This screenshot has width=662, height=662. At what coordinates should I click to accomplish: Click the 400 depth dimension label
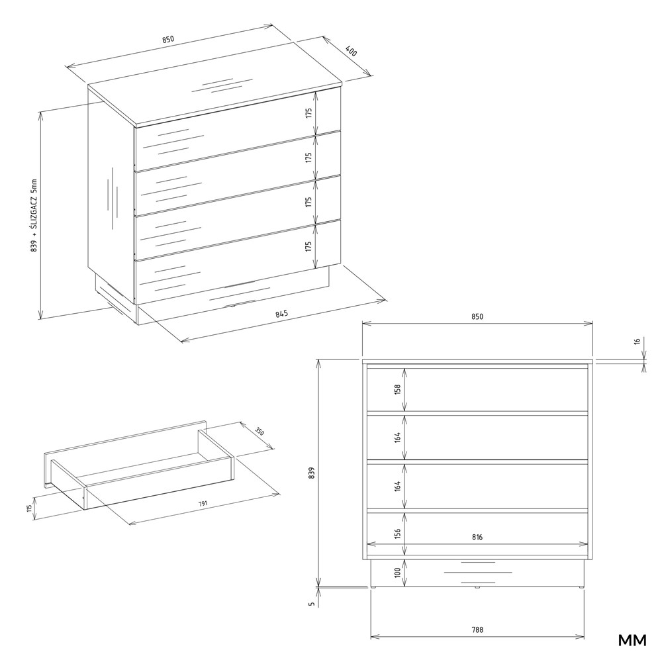click(352, 51)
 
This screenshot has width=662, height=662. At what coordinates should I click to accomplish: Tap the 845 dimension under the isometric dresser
click(281, 314)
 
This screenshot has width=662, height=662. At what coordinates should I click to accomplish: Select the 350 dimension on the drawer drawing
click(260, 432)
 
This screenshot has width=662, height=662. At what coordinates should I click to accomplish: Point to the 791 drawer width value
click(204, 504)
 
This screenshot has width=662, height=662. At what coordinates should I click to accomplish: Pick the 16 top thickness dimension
click(638, 341)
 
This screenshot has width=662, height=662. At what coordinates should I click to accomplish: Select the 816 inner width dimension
click(477, 538)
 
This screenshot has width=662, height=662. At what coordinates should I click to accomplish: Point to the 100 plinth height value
click(397, 573)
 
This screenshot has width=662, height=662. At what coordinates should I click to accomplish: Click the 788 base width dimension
click(477, 630)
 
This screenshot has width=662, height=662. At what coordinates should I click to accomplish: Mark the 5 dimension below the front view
click(312, 604)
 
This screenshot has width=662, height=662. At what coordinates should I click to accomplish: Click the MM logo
click(632, 640)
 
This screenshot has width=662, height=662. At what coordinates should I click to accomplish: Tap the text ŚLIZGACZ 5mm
click(34, 206)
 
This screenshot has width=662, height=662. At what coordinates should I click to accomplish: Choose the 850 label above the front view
click(477, 317)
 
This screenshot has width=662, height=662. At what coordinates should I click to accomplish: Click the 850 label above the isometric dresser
click(167, 40)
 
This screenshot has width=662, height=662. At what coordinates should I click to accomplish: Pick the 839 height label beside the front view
click(312, 473)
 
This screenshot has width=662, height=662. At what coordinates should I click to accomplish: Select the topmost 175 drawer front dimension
click(308, 113)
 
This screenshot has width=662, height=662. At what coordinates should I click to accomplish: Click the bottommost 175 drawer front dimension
click(308, 246)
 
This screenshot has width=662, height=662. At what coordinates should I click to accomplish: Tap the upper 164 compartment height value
click(397, 438)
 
